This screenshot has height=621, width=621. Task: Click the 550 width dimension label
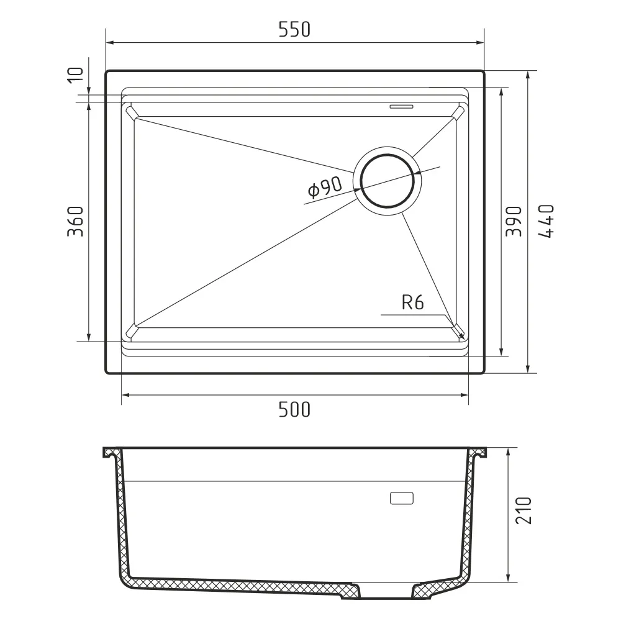294,30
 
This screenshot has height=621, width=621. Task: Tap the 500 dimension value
294,409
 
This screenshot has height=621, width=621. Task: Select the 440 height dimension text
546,221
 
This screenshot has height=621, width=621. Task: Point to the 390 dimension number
514,221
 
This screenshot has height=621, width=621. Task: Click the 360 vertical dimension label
75,222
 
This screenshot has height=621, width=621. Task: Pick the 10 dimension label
76,75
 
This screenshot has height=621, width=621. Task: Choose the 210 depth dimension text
524,510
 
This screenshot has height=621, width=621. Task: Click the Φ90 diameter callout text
325,188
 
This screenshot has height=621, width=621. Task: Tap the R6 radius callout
413,302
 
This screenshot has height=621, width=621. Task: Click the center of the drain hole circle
388,180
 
